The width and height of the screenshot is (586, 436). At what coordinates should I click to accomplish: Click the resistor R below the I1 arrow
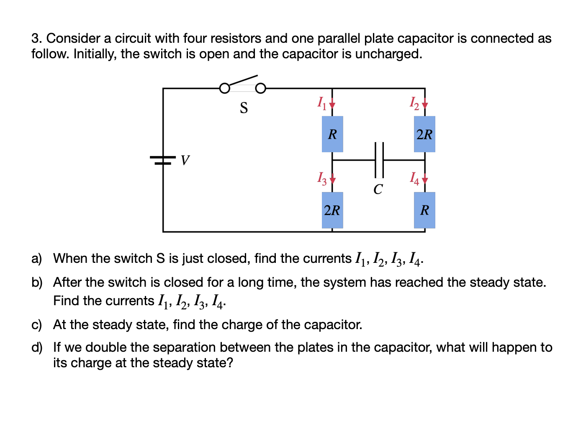tap(332, 134)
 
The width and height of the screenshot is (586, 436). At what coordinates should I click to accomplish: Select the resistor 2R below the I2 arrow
tap(424, 134)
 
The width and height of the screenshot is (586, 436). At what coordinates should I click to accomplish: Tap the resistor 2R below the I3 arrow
tap(332, 210)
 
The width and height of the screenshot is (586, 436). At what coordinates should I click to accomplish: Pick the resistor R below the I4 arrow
tap(424, 210)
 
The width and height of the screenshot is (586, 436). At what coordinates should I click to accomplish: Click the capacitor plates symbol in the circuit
tap(379, 160)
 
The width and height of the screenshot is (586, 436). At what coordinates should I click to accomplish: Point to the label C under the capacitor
tap(378, 189)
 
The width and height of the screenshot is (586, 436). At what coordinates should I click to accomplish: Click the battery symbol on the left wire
tap(163, 160)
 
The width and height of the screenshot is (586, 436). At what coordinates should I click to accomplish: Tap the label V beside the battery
tap(185, 160)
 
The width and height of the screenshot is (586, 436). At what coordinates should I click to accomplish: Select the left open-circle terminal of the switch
tap(224, 88)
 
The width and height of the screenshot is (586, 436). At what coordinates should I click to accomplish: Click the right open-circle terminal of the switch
tap(260, 88)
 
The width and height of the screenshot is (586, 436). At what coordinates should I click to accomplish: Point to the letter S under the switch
tap(244, 108)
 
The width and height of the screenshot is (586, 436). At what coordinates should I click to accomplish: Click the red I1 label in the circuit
tap(321, 103)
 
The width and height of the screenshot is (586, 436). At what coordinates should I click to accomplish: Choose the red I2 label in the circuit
tap(414, 103)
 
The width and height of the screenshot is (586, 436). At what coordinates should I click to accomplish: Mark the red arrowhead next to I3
tap(332, 181)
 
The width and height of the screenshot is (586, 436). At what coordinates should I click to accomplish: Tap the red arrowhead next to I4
tap(425, 181)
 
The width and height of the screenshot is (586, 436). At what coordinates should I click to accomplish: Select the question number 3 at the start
tap(36, 39)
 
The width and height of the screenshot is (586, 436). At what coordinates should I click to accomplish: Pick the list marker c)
tap(37, 325)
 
